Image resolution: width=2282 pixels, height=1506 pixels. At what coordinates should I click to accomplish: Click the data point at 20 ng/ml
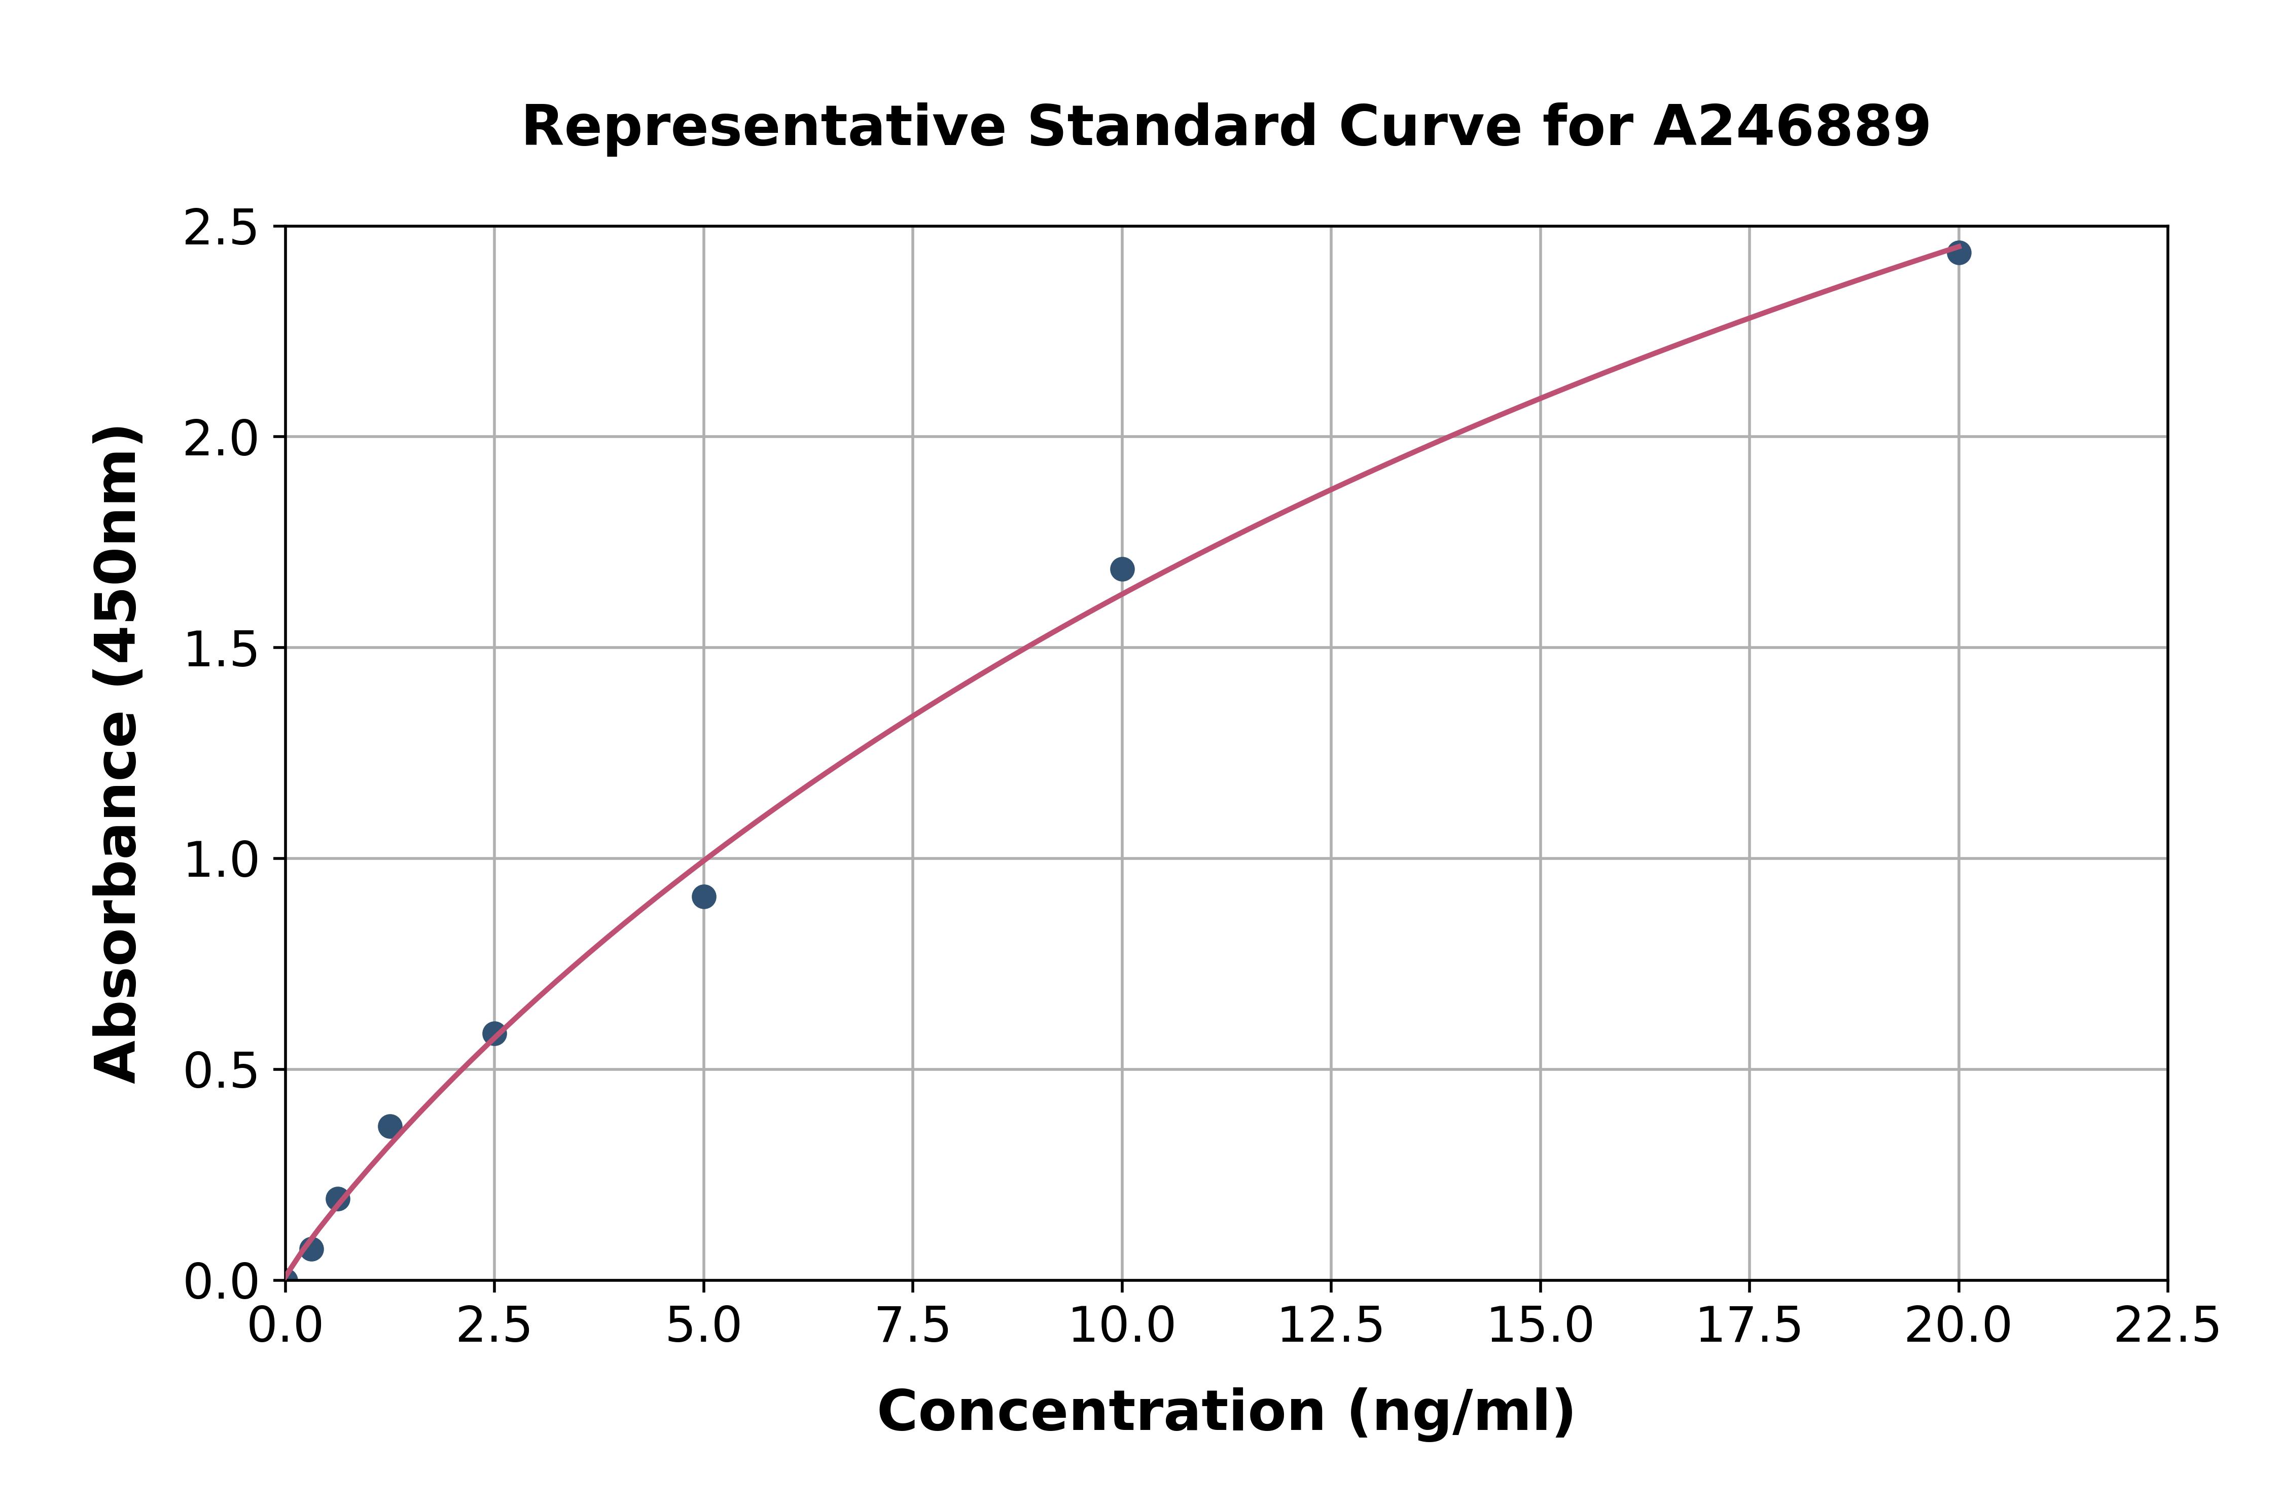tap(1958, 253)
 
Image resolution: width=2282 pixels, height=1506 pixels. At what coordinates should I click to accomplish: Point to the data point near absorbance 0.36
tap(390, 1126)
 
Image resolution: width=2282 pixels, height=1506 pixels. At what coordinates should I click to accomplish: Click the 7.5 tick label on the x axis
tap(912, 1326)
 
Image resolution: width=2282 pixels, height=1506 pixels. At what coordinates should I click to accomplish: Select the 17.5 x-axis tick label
tap(1749, 1326)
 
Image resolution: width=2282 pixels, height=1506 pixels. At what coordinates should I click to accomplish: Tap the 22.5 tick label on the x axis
tap(2167, 1326)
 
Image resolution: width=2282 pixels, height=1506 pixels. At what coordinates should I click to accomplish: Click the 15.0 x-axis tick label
tap(1540, 1326)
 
